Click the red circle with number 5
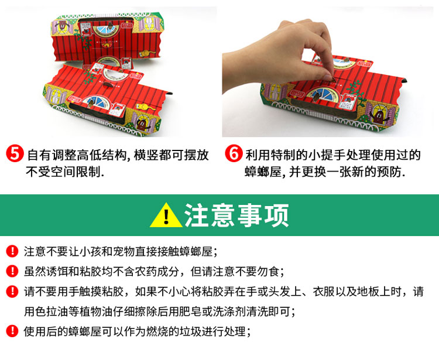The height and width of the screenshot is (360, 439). click(x=15, y=153)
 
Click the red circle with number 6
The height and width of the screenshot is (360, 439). click(x=234, y=153)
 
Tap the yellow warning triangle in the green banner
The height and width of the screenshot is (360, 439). click(x=166, y=215)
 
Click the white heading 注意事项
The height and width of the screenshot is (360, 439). click(x=236, y=215)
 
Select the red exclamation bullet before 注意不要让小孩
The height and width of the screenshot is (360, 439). click(x=12, y=251)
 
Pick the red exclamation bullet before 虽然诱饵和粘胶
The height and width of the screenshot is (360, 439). click(x=12, y=271)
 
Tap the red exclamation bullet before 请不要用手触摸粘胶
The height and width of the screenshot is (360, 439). click(x=12, y=291)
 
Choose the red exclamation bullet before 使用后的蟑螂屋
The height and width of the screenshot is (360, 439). click(x=12, y=331)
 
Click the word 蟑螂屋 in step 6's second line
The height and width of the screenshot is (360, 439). click(x=263, y=172)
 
